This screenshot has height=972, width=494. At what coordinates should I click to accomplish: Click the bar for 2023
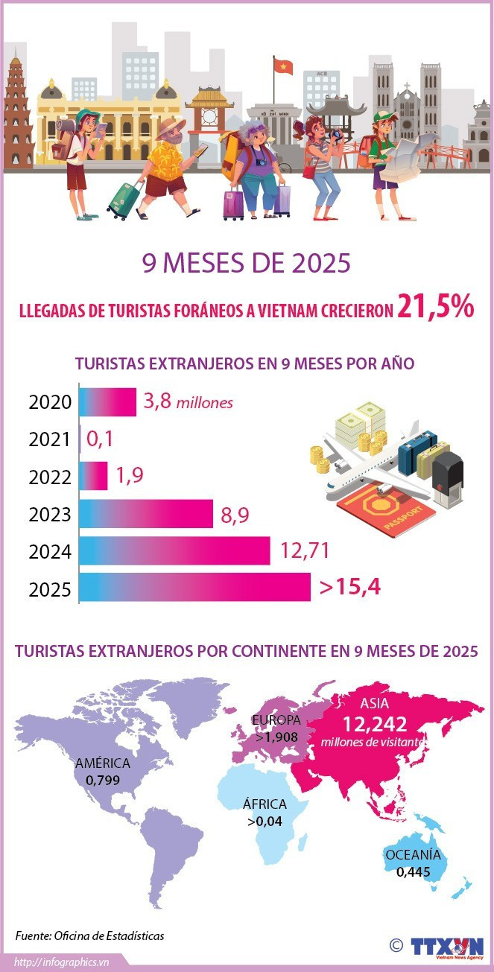146,514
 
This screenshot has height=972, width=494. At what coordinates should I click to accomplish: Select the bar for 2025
194,587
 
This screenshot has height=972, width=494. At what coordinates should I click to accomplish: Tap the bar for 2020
107,402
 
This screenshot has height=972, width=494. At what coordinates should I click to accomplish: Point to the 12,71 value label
305,551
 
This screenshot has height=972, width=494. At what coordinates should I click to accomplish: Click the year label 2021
50,439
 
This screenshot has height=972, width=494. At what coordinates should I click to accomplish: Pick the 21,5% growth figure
435,307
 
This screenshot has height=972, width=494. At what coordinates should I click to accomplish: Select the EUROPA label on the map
276,720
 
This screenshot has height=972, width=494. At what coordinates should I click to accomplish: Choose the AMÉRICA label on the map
103,763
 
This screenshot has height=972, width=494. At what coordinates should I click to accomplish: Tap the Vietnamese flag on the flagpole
283,67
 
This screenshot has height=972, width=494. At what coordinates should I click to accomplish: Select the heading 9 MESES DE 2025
247,264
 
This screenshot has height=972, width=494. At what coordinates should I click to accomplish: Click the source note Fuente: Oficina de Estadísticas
89,936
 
